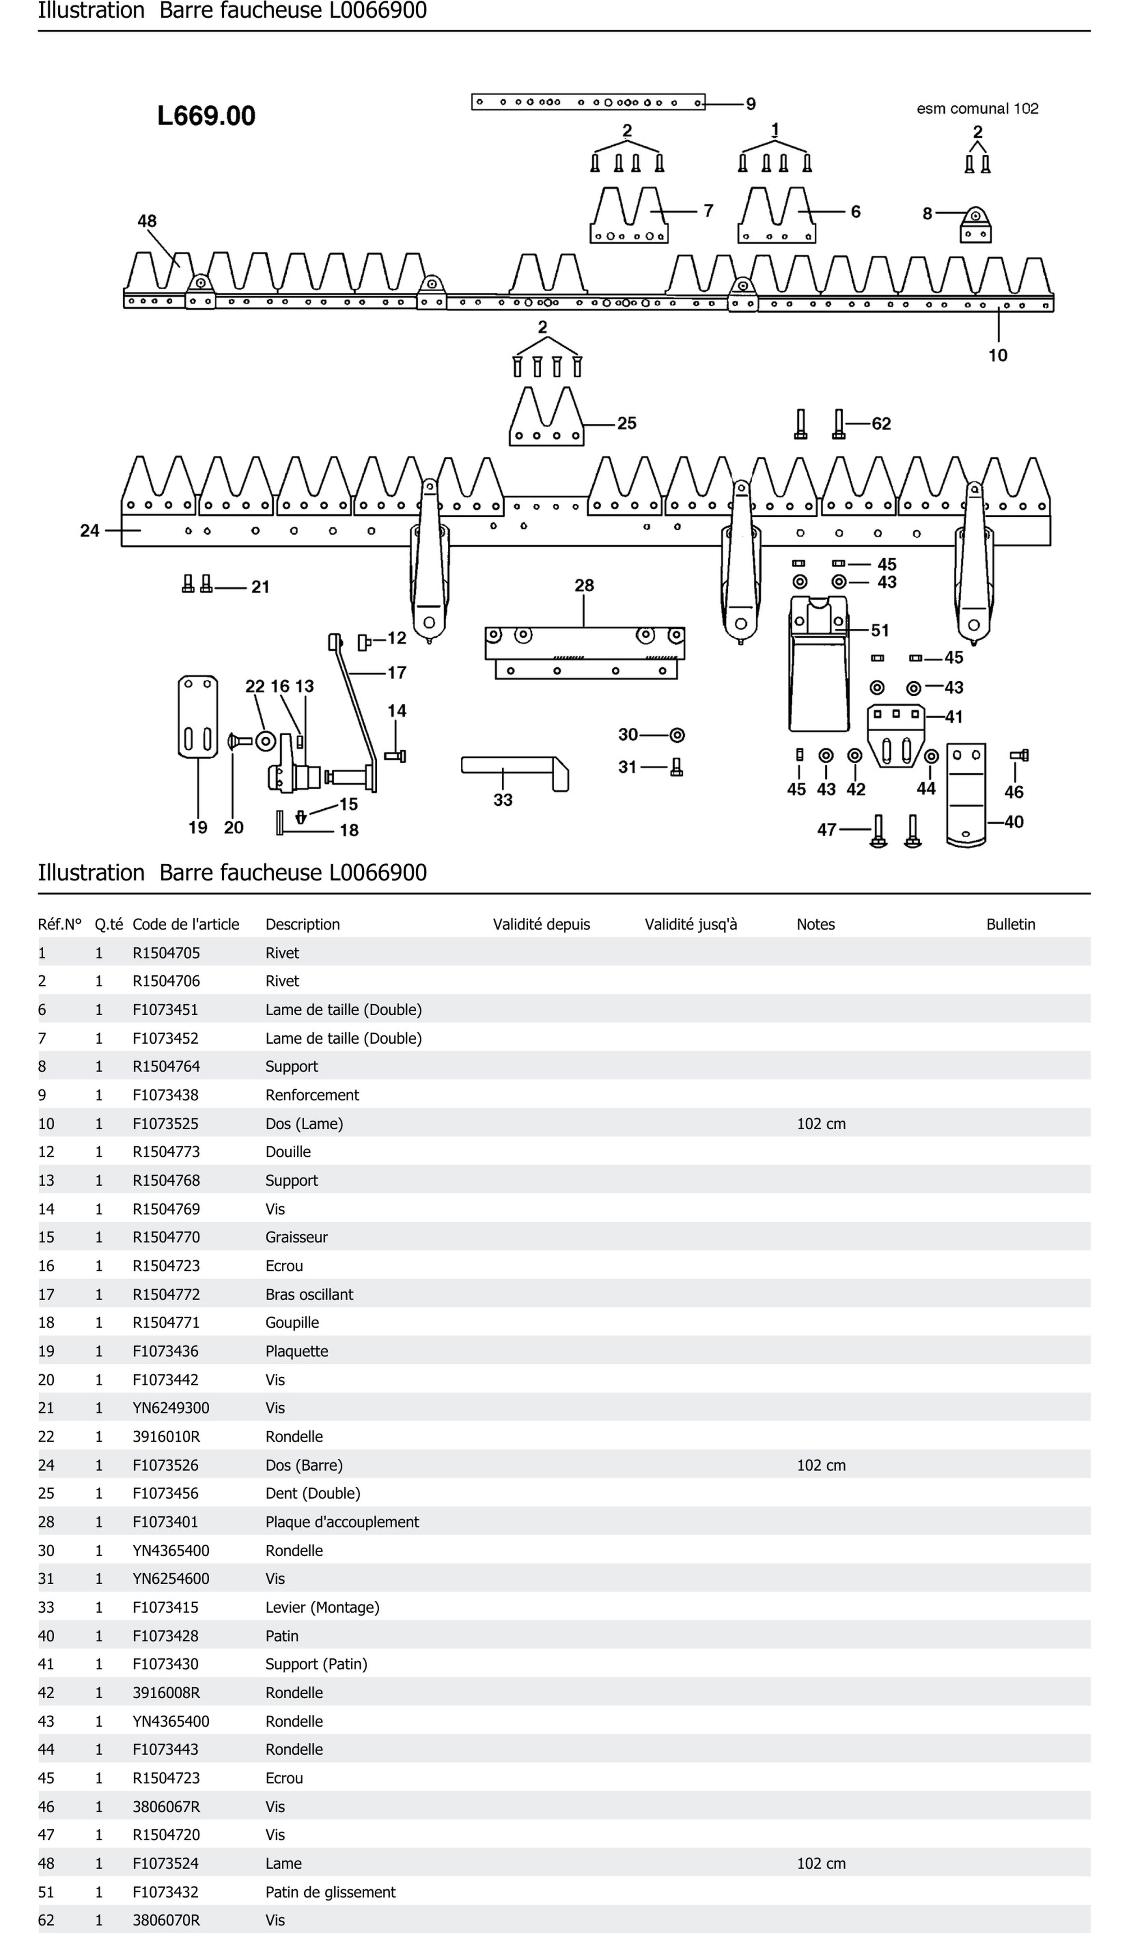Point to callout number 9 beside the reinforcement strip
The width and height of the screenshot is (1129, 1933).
pyautogui.click(x=751, y=103)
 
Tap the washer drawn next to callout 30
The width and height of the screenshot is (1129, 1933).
pyautogui.click(x=677, y=735)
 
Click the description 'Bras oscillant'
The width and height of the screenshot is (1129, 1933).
pyautogui.click(x=309, y=1294)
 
